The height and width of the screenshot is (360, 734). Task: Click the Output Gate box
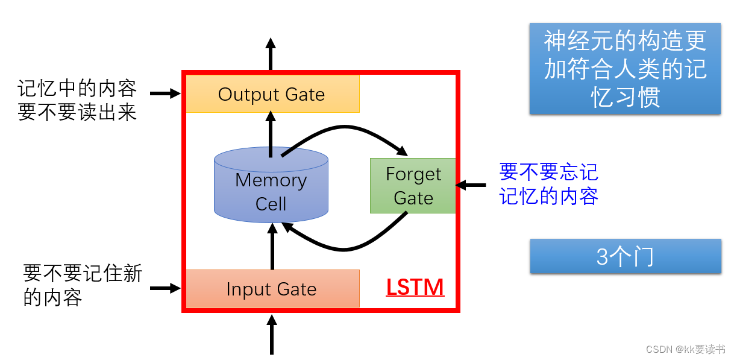point(272,94)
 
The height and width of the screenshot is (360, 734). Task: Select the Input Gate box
point(272,289)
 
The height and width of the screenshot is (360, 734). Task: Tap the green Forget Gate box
point(413,186)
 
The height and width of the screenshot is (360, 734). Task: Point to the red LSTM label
point(415,288)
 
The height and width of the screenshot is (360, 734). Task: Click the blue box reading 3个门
point(625,257)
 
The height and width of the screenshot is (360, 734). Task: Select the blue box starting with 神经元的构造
point(625,69)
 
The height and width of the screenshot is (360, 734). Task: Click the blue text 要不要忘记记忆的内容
point(548,185)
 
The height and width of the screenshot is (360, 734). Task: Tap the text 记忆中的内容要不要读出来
point(78,101)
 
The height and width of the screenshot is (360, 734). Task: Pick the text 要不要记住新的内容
point(83,285)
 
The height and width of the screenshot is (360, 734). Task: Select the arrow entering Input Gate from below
point(271,335)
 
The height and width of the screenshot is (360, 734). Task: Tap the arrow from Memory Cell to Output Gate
point(271,136)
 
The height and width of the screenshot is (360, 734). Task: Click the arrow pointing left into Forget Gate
point(471,185)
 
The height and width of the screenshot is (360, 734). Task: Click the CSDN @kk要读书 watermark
point(685,350)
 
